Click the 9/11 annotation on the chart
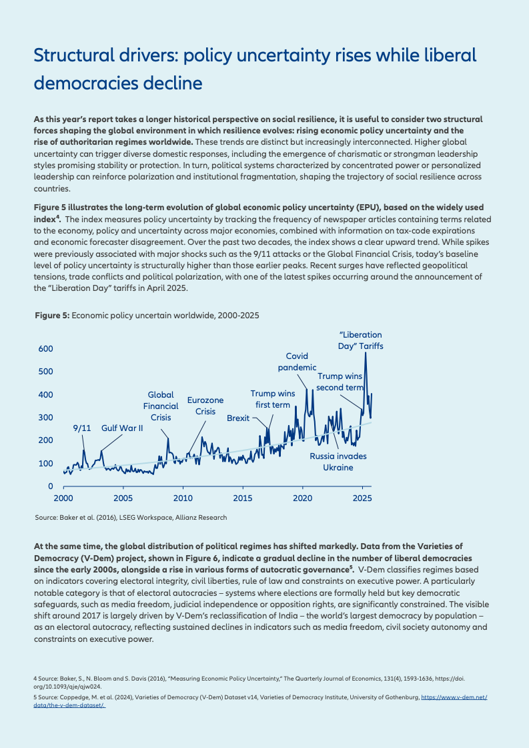tap(82, 428)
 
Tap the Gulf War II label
tap(122, 428)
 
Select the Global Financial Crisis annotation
tap(161, 406)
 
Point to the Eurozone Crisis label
tap(205, 406)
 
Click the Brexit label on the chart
tap(238, 418)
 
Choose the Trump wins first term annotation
tap(272, 399)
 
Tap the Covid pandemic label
tap(297, 362)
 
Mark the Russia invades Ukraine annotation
tap(338, 462)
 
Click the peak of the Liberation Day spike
tap(366, 352)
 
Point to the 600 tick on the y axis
tap(46, 349)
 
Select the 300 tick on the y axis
tap(46, 418)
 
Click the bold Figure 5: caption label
tap(53, 316)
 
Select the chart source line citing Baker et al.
tap(131, 518)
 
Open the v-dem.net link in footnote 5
tap(454, 697)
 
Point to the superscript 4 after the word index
tap(58, 217)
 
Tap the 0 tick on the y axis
tap(51, 486)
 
